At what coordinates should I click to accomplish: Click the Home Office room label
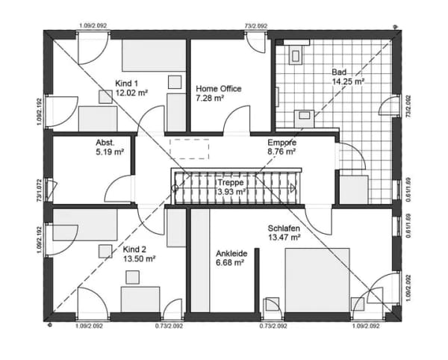(x=219, y=89)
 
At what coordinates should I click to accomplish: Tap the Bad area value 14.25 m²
(x=348, y=81)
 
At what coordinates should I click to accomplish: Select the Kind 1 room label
(x=127, y=84)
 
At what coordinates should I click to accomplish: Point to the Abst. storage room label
(x=105, y=143)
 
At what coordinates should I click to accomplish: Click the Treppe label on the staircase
(x=231, y=182)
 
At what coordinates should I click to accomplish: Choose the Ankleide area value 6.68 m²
(x=230, y=263)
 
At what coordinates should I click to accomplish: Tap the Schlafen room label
(x=284, y=229)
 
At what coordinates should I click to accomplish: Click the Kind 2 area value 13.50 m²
(x=139, y=259)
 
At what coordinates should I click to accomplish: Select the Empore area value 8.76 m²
(x=281, y=152)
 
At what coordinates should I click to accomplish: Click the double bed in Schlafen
(x=317, y=280)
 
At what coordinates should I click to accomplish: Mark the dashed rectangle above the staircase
(x=190, y=149)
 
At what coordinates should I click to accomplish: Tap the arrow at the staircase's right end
(x=293, y=188)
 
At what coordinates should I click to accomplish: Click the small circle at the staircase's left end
(x=175, y=188)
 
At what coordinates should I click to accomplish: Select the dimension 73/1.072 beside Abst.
(x=39, y=190)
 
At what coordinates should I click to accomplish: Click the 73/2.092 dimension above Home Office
(x=256, y=25)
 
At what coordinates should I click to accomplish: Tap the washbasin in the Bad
(x=304, y=118)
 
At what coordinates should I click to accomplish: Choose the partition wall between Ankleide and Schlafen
(x=257, y=281)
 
